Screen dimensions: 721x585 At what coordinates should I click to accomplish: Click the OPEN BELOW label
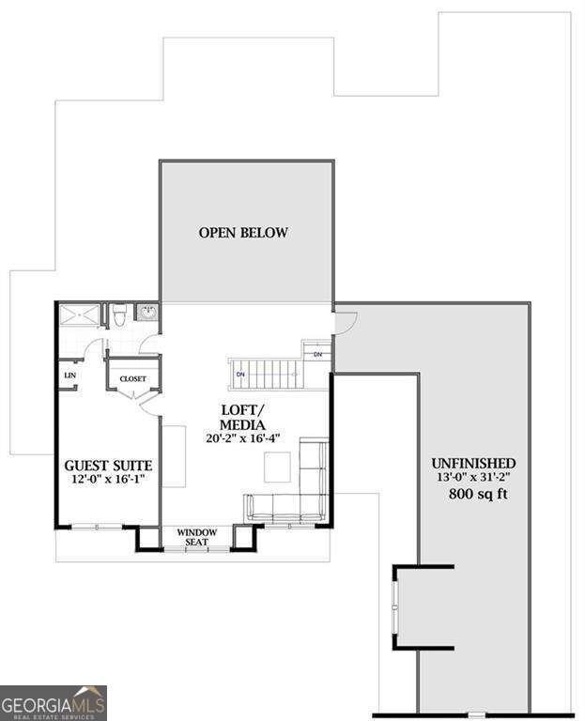click(x=243, y=233)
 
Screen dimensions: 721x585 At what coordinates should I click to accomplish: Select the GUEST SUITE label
click(x=108, y=465)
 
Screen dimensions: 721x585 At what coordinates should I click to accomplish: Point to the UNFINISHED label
click(x=472, y=463)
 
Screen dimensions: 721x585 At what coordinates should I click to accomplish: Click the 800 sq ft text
click(x=477, y=494)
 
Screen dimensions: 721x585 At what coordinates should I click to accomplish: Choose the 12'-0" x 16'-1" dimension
click(x=109, y=480)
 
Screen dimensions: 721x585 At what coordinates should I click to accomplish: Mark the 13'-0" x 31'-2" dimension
click(x=473, y=478)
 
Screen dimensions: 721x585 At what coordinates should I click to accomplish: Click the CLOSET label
click(x=131, y=379)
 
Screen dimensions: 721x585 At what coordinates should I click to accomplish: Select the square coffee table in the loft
click(x=277, y=466)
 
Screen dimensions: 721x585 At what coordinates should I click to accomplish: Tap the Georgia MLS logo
click(x=54, y=703)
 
